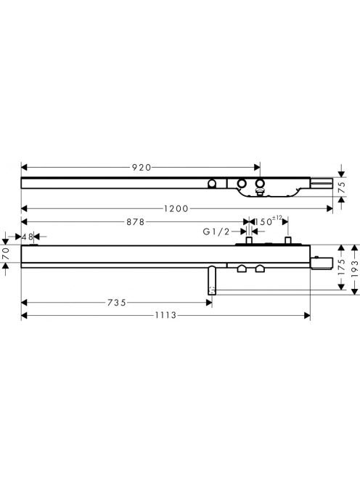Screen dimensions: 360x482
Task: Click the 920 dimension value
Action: coord(142,168)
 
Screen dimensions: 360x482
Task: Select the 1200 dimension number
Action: coord(176,209)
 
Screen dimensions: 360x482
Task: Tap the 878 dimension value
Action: coord(136,222)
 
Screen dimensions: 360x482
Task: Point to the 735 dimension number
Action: coord(117,303)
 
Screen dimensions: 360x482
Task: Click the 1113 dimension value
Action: coord(165,315)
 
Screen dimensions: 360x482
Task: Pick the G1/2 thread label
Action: coord(216,232)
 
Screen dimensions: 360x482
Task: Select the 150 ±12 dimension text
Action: coord(268,221)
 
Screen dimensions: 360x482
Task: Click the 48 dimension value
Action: coord(28,237)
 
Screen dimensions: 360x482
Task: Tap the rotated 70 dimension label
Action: coord(6,254)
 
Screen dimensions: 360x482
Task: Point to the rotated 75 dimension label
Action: coord(342,187)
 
